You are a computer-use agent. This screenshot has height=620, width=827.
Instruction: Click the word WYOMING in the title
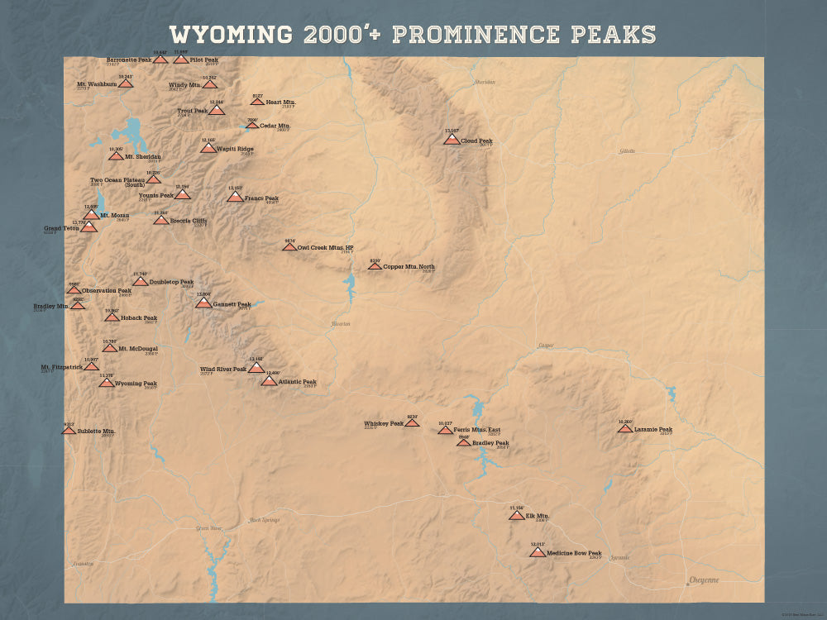point(230,35)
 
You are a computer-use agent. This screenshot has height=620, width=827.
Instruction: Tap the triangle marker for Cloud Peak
point(452,140)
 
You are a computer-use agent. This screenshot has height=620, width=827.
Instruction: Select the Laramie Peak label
point(653,430)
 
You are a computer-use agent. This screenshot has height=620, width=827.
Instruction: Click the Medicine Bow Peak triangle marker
point(538,552)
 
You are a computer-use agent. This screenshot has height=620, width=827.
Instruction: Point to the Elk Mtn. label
point(538,516)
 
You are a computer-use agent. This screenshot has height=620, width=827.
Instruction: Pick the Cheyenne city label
point(704,580)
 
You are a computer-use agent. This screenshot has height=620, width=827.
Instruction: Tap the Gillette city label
point(628,151)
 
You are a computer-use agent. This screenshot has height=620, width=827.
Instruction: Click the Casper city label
point(546,345)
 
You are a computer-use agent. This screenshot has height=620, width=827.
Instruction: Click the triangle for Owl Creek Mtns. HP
point(289,246)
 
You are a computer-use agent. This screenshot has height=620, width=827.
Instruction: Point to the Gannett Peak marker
point(203,303)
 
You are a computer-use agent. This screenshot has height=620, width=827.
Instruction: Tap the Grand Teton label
point(61,228)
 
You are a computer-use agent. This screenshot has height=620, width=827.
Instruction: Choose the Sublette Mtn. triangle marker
point(69,430)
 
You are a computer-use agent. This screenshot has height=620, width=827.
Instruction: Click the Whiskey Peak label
point(384,424)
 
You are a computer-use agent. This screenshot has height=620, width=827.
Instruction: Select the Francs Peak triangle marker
point(235,197)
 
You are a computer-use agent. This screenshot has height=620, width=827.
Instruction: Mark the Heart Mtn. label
point(280,103)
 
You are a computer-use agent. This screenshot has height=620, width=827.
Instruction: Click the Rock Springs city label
point(265,520)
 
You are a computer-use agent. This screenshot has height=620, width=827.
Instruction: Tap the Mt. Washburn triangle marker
point(126,83)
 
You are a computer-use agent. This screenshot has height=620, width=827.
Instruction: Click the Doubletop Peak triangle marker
point(141,281)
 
